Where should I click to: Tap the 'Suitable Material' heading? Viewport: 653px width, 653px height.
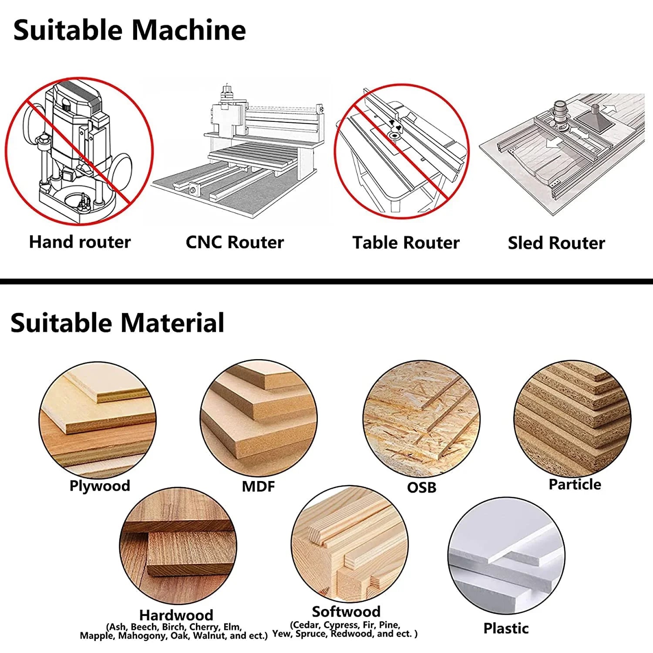click(117, 323)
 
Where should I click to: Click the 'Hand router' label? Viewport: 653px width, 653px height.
click(80, 242)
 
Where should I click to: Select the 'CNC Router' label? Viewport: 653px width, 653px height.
click(235, 242)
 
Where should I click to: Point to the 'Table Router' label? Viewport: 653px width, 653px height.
click(406, 242)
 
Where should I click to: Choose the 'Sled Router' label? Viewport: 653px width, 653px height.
click(556, 243)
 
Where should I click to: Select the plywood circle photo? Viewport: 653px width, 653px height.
click(98, 420)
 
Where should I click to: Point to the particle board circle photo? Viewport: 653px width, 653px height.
click(572, 418)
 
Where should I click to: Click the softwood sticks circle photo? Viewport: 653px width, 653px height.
click(350, 544)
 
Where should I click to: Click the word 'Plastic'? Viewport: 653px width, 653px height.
click(506, 628)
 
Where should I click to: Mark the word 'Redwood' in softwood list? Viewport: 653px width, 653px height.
click(352, 634)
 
